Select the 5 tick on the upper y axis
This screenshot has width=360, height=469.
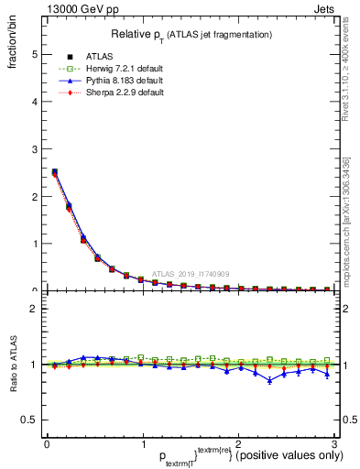[x=34, y=54]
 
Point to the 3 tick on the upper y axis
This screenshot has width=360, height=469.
[x=34, y=148]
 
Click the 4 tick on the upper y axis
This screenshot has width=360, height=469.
[x=34, y=102]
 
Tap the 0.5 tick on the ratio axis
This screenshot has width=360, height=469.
[x=29, y=420]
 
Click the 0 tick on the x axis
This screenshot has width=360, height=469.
[x=47, y=443]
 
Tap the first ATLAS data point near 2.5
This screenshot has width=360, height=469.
[x=54, y=171]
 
